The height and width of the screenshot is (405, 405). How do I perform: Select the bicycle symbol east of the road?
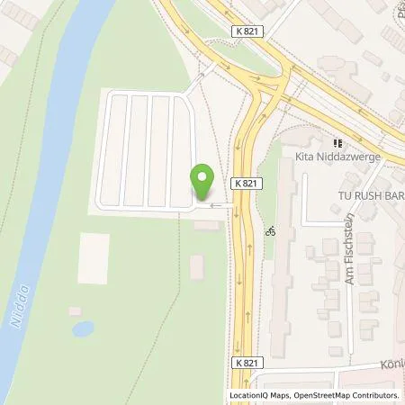[x=267, y=230]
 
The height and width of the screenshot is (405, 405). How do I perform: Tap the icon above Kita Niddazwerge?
[x=338, y=142]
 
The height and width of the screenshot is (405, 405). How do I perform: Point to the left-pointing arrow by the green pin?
[x=214, y=204]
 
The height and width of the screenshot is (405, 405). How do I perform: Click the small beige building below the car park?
[x=197, y=267]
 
